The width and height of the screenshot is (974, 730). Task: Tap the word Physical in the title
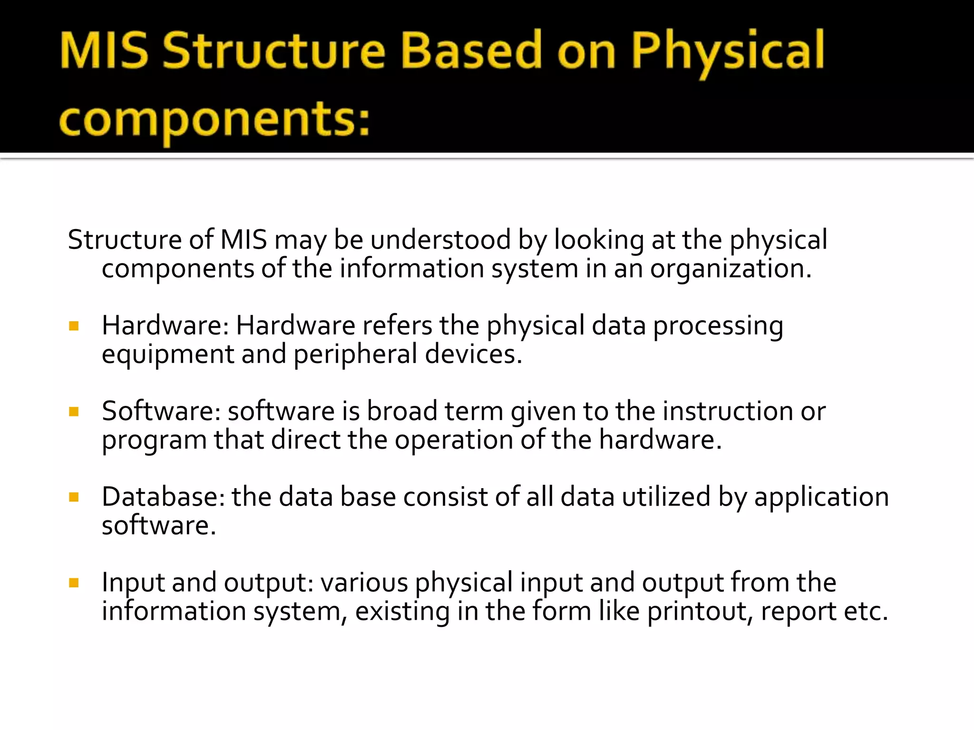click(728, 51)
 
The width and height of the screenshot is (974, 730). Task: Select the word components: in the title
click(214, 120)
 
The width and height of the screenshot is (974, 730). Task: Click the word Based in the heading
click(471, 50)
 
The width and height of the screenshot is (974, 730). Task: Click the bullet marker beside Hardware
click(74, 326)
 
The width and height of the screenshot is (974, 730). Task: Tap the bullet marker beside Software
click(74, 412)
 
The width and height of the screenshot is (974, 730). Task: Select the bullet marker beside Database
click(74, 498)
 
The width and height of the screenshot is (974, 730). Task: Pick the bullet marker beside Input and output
click(74, 583)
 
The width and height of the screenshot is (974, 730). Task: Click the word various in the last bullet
click(364, 583)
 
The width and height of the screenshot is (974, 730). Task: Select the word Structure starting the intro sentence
click(125, 240)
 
